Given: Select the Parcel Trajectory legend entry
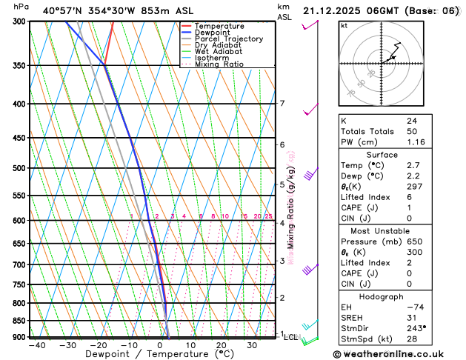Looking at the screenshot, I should coord(229,39).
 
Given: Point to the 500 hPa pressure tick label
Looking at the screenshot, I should coord(19,168).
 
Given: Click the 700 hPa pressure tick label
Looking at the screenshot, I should coord(19,264).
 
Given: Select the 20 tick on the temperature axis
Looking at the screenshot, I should coord(222,344).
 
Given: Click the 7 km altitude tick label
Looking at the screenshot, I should coord(282,104).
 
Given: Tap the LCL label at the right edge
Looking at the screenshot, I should coord(291,337).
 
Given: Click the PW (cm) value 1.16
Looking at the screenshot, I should coord(416,141).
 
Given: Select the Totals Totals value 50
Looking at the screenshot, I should coord(411,130).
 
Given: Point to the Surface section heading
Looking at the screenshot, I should coord(382,154).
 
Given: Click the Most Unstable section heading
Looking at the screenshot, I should coord(382,230).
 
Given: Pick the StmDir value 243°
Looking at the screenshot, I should coord(416,327).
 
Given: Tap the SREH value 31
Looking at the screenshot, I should coord(411,317).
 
